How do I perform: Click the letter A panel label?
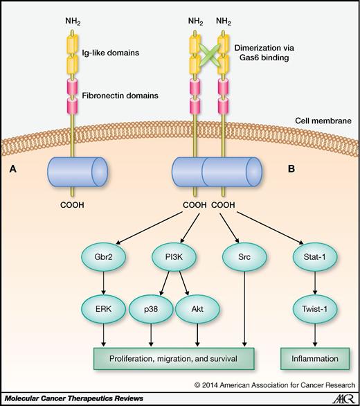coord(12,166)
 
